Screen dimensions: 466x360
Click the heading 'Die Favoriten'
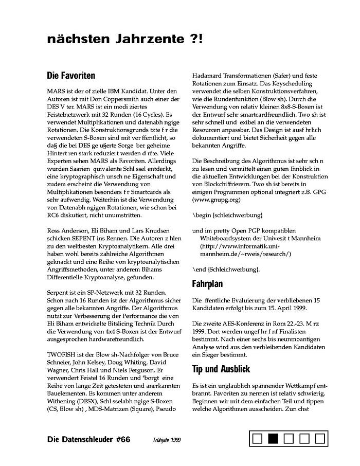click(71, 76)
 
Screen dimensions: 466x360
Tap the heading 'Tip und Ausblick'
click(221, 369)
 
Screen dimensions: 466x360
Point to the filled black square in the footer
click(273, 439)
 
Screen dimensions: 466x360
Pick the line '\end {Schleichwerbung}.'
click(226, 269)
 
